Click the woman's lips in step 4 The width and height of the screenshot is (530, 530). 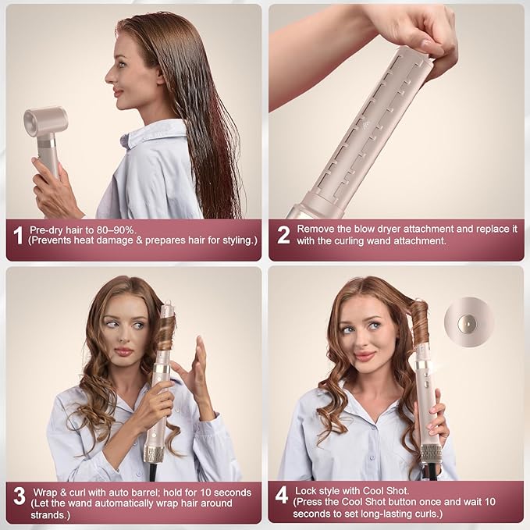pyautogui.click(x=365, y=356)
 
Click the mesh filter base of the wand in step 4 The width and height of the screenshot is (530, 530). pyautogui.click(x=430, y=454)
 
